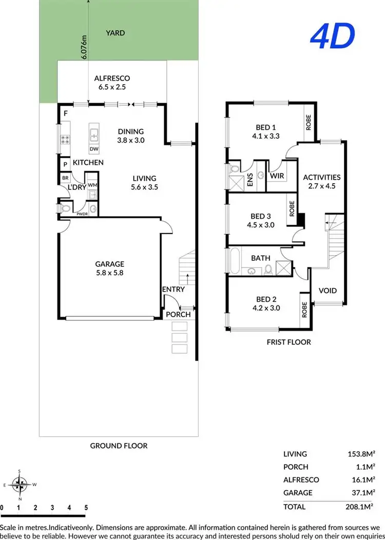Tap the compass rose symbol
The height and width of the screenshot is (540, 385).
pyautogui.click(x=20, y=483)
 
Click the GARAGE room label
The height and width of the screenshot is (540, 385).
pyautogui.click(x=110, y=264)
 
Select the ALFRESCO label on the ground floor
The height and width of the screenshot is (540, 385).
pyautogui.click(x=112, y=79)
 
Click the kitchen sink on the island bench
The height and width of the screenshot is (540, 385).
pyautogui.click(x=94, y=136)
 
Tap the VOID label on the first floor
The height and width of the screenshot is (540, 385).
pyautogui.click(x=328, y=291)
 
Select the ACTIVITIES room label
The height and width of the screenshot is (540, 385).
pyautogui.click(x=322, y=178)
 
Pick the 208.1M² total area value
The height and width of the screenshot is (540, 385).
pyautogui.click(x=359, y=507)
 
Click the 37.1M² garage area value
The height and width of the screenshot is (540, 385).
pyautogui.click(x=361, y=492)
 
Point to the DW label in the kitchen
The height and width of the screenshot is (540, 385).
pyautogui.click(x=94, y=149)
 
